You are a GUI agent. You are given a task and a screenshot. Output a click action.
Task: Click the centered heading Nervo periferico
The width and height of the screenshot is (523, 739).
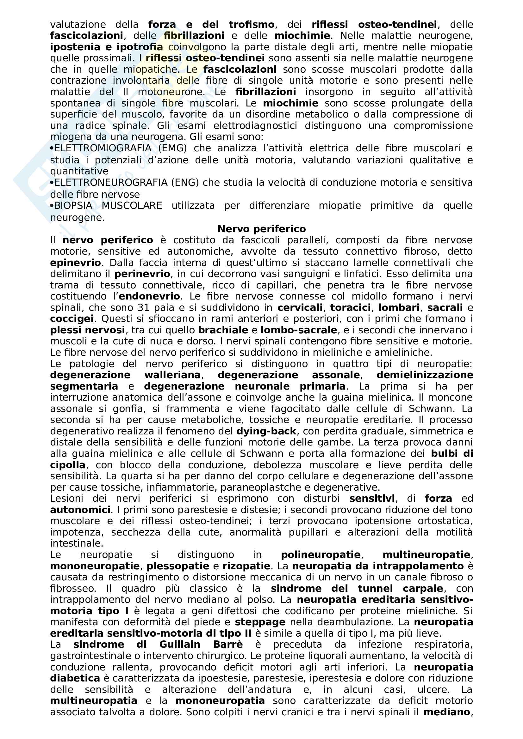pyautogui.click(x=261, y=229)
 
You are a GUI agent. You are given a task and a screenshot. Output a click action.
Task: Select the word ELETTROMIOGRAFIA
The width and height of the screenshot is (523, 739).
pyautogui.click(x=103, y=148)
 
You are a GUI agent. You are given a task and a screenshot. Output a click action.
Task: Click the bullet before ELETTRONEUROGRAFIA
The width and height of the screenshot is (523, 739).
pyautogui.click(x=52, y=183)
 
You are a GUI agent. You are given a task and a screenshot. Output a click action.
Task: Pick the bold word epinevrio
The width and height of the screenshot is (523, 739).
pyautogui.click(x=76, y=263)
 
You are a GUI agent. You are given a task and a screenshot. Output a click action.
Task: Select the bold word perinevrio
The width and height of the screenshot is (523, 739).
pyautogui.click(x=142, y=274)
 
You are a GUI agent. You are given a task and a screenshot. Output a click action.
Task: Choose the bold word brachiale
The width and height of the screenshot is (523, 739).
pyautogui.click(x=223, y=330)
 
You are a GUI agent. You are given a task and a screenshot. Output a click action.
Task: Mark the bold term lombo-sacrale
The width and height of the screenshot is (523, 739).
pyautogui.click(x=299, y=330)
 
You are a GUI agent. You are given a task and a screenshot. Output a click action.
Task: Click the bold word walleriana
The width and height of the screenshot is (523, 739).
pyautogui.click(x=173, y=375)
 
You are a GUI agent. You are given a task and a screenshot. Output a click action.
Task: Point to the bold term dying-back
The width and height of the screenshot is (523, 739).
pyautogui.click(x=266, y=431)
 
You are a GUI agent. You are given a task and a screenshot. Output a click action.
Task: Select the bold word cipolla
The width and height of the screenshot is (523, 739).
pyautogui.click(x=68, y=465)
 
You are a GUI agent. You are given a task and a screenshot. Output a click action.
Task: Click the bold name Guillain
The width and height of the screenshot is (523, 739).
pyautogui.click(x=180, y=645)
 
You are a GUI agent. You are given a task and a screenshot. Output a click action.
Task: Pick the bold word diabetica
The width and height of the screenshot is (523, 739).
pyautogui.click(x=75, y=678)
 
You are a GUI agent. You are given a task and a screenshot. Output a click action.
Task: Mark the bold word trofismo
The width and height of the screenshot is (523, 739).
pyautogui.click(x=251, y=25)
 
